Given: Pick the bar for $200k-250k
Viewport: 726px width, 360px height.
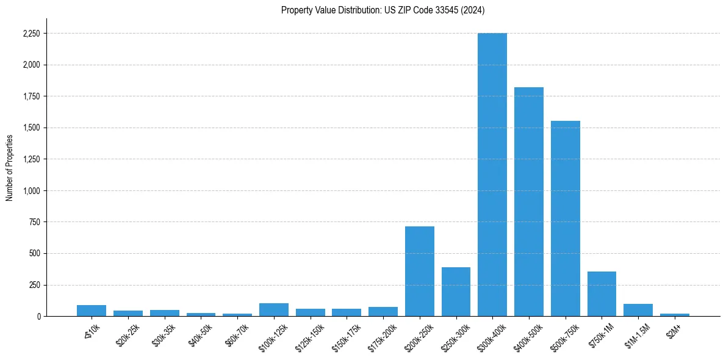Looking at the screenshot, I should click(419, 272).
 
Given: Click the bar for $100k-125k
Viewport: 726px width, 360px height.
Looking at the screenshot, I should click(273, 310).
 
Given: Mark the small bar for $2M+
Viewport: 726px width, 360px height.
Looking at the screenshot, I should click(674, 315).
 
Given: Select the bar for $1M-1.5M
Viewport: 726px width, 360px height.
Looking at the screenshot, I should click(638, 310).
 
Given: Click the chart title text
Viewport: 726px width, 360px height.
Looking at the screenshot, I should click(383, 10).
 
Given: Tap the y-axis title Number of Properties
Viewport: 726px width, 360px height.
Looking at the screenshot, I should click(10, 167).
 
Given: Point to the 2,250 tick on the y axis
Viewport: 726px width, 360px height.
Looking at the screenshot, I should click(31, 34).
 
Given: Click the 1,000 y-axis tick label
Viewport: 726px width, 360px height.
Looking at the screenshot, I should click(31, 191).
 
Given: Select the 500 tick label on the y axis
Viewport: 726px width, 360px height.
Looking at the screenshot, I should click(35, 254).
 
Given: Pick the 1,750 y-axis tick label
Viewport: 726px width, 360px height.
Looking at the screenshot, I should click(31, 96).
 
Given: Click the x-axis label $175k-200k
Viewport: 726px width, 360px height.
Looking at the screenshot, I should click(381, 338).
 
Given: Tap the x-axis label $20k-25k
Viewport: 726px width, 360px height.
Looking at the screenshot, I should click(128, 336).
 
